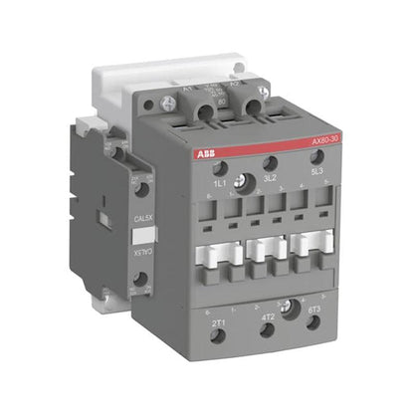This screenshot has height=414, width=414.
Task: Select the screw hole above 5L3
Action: click(x=316, y=165)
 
